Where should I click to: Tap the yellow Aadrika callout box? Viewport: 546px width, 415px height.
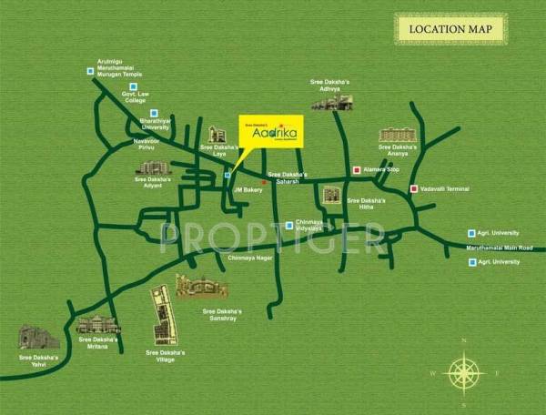pyautogui.click(x=272, y=131)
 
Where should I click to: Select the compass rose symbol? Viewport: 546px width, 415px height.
pyautogui.click(x=465, y=371)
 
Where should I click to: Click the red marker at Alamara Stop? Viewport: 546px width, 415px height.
pyautogui.click(x=356, y=170)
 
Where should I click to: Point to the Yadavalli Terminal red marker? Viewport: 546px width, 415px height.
pyautogui.click(x=414, y=189)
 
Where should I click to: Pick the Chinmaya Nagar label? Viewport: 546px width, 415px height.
pyautogui.click(x=245, y=258)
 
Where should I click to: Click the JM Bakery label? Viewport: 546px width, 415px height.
pyautogui.click(x=248, y=189)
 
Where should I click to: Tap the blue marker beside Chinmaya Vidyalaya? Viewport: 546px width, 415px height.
pyautogui.click(x=289, y=225)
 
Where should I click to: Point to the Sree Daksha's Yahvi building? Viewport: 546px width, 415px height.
pyautogui.click(x=39, y=338)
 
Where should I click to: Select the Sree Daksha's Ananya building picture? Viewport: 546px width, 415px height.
pyautogui.click(x=398, y=135)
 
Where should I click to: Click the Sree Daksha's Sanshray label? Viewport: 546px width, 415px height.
pyautogui.click(x=221, y=314)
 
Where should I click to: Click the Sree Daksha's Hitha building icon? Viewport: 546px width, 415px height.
pyautogui.click(x=331, y=195)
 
